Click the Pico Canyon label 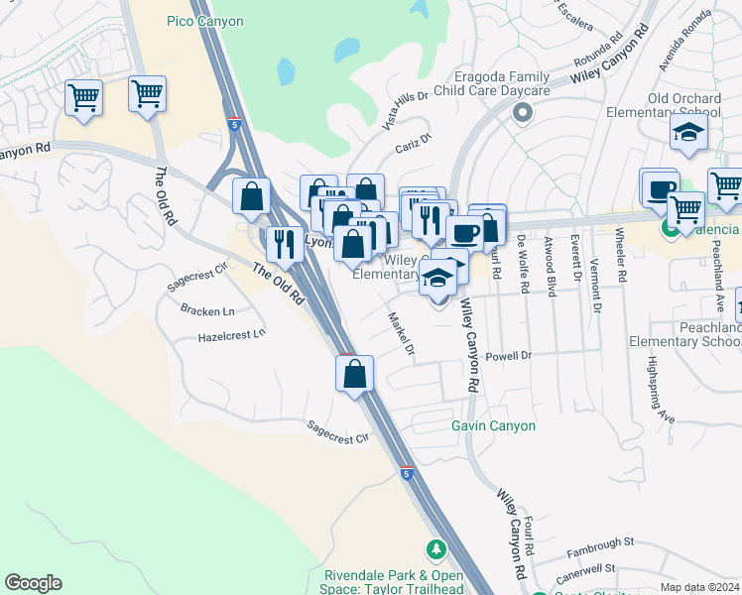[205, 20]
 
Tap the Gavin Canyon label [493, 425]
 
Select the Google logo [33, 583]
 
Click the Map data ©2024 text [699, 587]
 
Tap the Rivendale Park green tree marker [434, 548]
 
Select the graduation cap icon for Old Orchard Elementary [687, 133]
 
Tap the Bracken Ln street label [207, 310]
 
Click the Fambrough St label [600, 543]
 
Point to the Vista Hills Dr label [405, 109]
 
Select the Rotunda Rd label [603, 48]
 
